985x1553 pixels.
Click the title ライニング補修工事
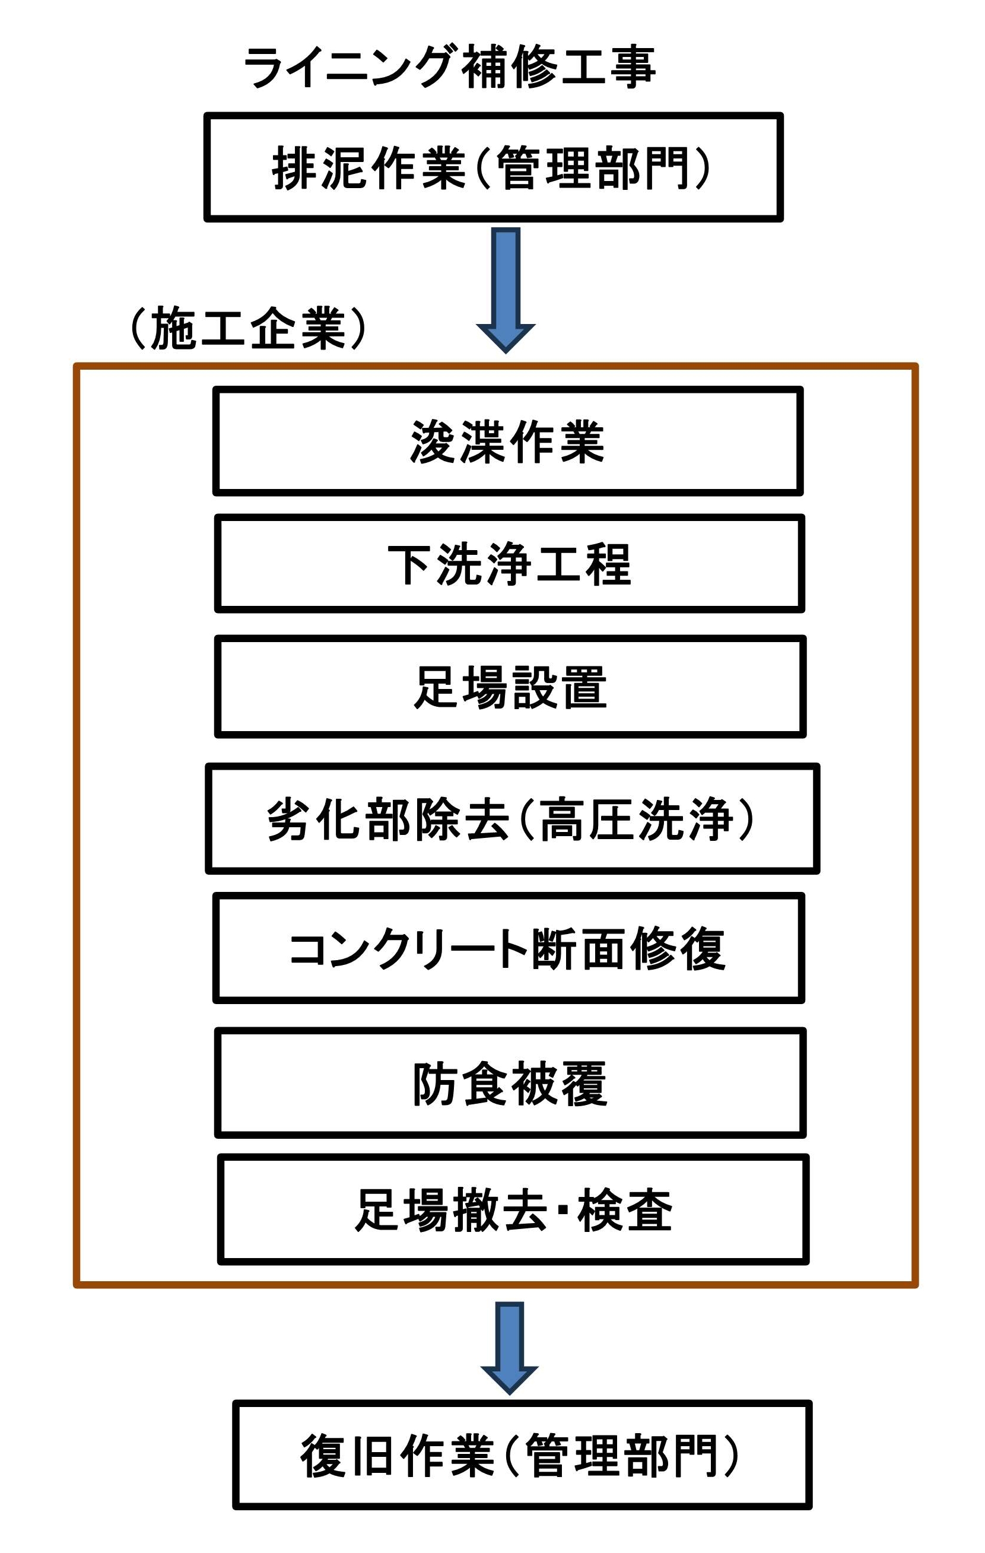450,66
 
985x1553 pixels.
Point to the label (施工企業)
249,328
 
